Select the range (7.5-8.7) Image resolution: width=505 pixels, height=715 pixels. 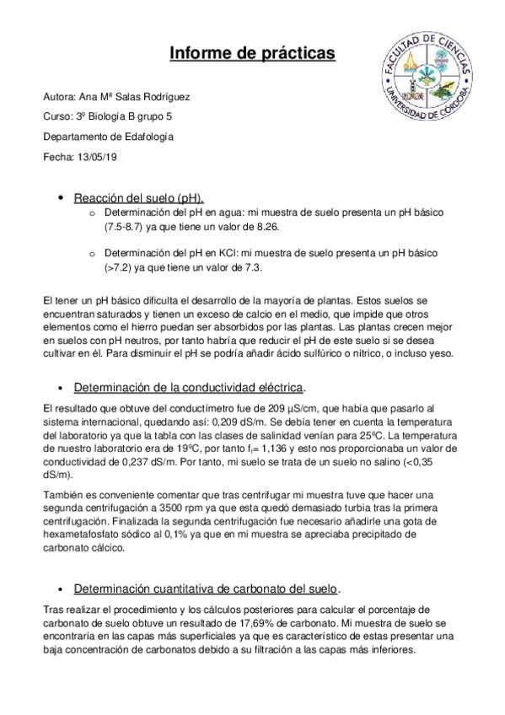[130, 228]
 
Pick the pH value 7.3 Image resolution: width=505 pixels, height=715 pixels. [252, 268]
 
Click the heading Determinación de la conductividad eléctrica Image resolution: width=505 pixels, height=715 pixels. [189, 387]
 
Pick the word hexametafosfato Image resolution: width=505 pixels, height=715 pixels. [78, 535]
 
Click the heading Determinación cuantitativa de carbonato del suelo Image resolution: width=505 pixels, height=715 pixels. [206, 589]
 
